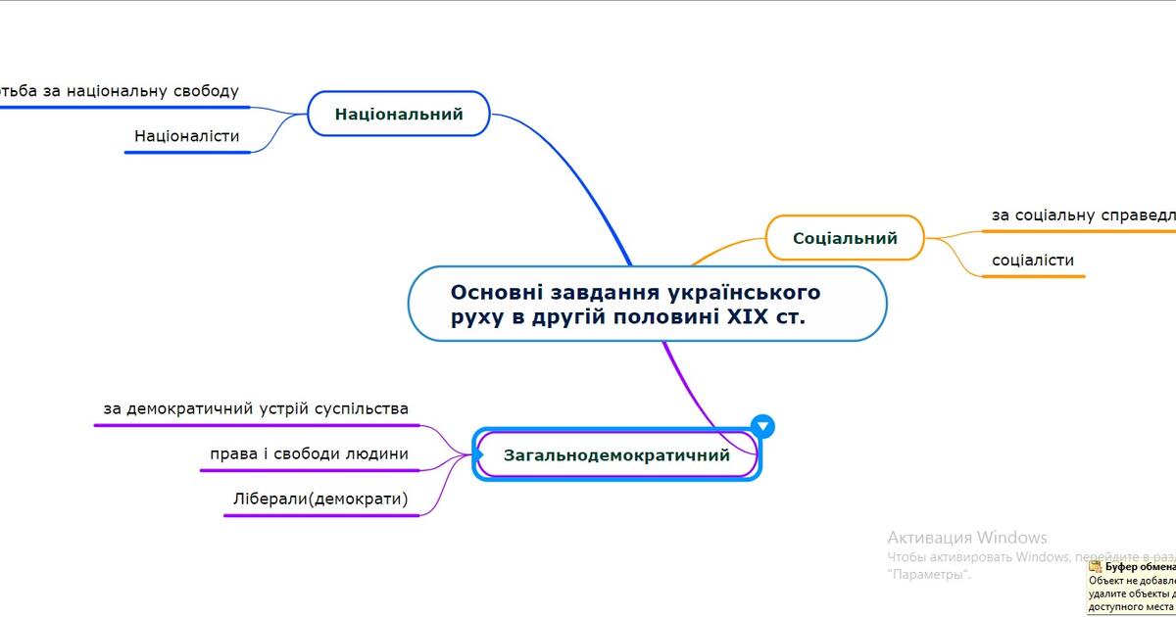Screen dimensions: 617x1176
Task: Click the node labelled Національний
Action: coord(398,114)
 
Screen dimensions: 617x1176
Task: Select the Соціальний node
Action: coord(845,238)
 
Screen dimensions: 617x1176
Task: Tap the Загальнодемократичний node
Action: coord(616,455)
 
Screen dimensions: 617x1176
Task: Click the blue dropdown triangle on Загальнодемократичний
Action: coord(762,426)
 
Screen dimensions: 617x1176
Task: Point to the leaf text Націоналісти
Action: coord(186,136)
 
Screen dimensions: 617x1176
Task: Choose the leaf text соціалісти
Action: coord(1033,261)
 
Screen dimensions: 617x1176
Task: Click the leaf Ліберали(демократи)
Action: coord(320,499)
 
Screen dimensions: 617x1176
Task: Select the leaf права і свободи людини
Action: coord(309,454)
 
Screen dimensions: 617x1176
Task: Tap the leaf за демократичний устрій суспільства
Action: coord(256,408)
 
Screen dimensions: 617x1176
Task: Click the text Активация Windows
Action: coord(966,538)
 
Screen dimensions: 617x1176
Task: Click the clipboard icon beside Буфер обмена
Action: coord(1096,566)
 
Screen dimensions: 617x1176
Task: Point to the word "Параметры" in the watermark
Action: coord(927,574)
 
